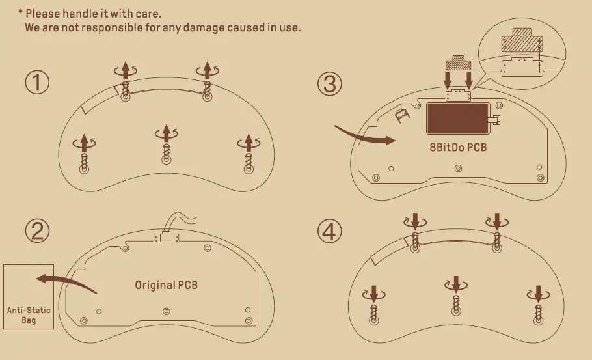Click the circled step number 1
click(37, 83)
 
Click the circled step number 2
click(37, 231)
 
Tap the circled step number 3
click(330, 83)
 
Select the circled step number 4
click(330, 231)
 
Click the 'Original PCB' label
click(166, 285)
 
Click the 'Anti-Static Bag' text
click(29, 315)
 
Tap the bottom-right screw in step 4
click(537, 311)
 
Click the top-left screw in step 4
click(415, 241)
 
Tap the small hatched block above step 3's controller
click(458, 64)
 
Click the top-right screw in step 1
click(207, 88)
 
